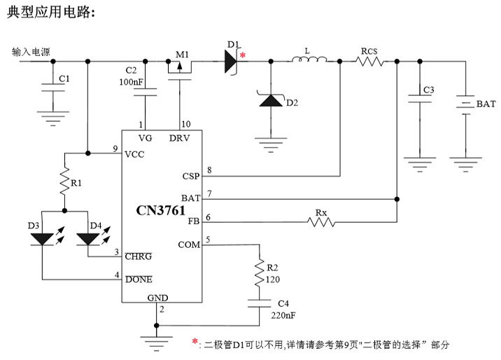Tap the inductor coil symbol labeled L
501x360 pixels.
point(308,62)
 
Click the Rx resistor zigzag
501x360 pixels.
point(320,222)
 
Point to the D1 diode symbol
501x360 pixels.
point(232,62)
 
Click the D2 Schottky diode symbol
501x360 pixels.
point(270,101)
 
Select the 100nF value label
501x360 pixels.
point(132,83)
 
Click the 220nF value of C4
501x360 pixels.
point(282,314)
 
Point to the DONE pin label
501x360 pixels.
point(138,279)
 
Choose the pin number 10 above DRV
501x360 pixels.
point(185,125)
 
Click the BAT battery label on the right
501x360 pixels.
point(486,104)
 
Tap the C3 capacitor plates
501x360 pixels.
point(419,100)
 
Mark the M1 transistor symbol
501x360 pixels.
point(181,67)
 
